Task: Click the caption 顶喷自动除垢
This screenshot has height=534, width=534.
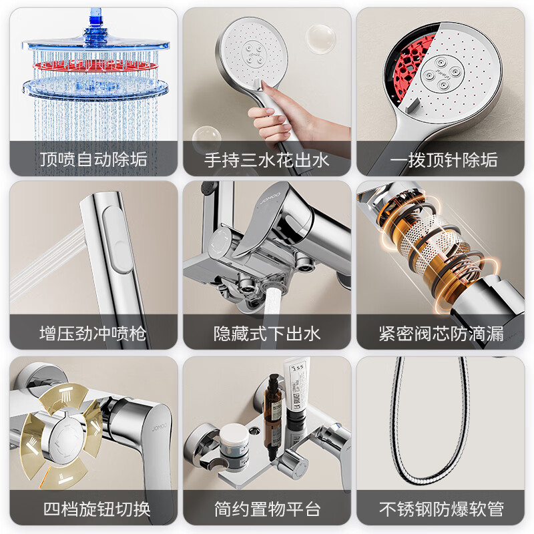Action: [x=93, y=160]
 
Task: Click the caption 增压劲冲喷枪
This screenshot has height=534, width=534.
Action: [x=93, y=333]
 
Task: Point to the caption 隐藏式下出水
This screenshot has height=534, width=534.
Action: [x=267, y=333]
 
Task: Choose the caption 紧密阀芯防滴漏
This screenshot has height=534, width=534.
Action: [x=441, y=333]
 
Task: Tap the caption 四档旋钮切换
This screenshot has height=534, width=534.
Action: [x=93, y=508]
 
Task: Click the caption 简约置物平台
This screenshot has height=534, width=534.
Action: [x=267, y=508]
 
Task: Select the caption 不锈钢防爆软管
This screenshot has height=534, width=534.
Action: [x=441, y=508]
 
